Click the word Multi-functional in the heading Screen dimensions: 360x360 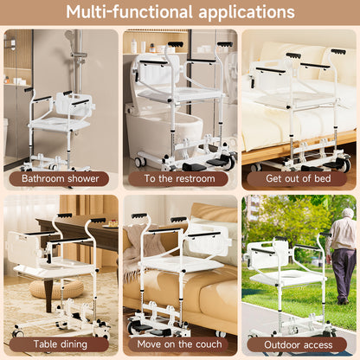(x=129, y=12)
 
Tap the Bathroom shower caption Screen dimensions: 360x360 (x=61, y=178)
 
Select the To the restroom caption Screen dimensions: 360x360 (x=179, y=178)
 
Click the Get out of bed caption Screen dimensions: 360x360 (x=299, y=178)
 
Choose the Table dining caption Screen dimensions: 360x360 (x=60, y=344)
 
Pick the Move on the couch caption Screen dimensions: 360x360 (x=179, y=344)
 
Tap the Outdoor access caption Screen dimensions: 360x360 (x=299, y=344)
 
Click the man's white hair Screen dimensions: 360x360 (x=348, y=213)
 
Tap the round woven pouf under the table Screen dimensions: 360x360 (x=56, y=289)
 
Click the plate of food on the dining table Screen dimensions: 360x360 (x=111, y=225)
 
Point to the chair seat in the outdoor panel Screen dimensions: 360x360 (x=288, y=279)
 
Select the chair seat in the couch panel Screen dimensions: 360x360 (x=182, y=263)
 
